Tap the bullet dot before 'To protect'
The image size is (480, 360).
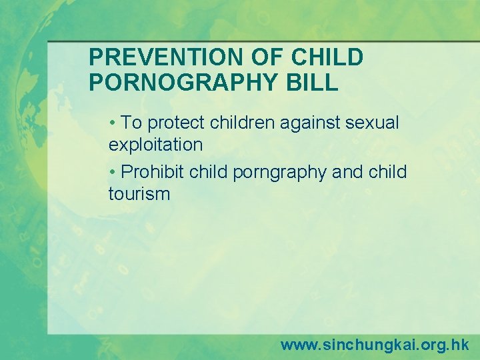pos(114,123)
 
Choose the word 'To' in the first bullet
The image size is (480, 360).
pos(133,123)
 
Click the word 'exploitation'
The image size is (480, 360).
pos(155,144)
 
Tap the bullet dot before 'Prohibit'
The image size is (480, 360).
pos(114,172)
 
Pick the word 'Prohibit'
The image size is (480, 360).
pos(153,172)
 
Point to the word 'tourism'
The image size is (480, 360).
pos(139,194)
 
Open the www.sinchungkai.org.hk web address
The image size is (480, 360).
pos(375,345)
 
